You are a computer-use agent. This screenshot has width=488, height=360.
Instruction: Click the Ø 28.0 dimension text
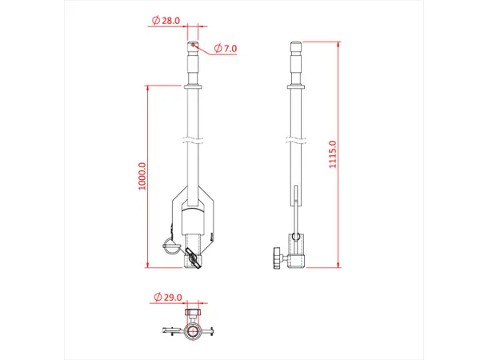(x=168, y=21)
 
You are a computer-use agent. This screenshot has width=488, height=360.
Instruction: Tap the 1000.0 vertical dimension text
(x=142, y=176)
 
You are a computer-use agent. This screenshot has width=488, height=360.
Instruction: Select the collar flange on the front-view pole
(x=193, y=86)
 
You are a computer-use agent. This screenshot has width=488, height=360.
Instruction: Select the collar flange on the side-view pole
(x=296, y=86)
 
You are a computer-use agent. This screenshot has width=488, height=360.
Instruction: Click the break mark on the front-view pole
(x=193, y=141)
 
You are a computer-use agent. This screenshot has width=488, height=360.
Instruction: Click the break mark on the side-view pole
(x=296, y=141)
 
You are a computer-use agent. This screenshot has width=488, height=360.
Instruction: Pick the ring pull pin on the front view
(x=170, y=246)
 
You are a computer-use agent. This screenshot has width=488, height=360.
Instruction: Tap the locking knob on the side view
(x=274, y=258)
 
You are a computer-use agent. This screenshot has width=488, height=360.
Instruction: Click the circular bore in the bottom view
(x=193, y=330)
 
